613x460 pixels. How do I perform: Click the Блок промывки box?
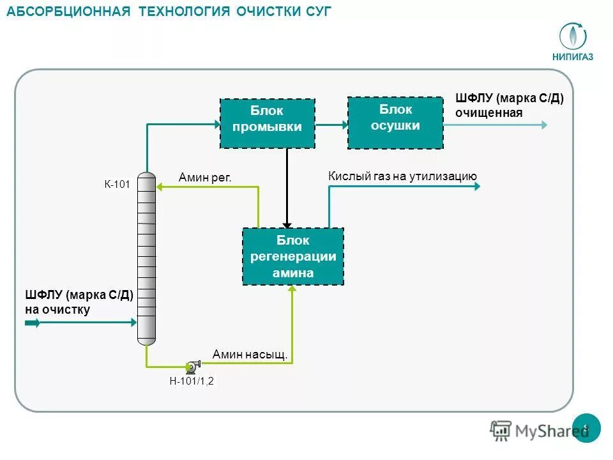(x=267, y=123)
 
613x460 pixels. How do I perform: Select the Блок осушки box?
(x=395, y=123)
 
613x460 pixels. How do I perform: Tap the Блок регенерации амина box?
(x=292, y=256)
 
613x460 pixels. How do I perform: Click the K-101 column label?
(x=117, y=185)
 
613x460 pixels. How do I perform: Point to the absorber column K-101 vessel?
(x=146, y=259)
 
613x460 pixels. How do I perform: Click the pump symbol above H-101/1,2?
(x=192, y=366)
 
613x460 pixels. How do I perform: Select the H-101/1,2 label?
(x=191, y=382)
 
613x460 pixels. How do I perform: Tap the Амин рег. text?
(x=204, y=177)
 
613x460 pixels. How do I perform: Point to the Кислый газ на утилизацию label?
(x=402, y=176)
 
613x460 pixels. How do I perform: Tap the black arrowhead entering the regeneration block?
(x=287, y=224)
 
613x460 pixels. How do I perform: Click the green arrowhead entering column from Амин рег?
(x=160, y=187)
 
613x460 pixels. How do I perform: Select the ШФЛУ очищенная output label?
(x=509, y=105)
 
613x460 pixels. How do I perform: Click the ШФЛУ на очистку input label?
(x=78, y=302)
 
